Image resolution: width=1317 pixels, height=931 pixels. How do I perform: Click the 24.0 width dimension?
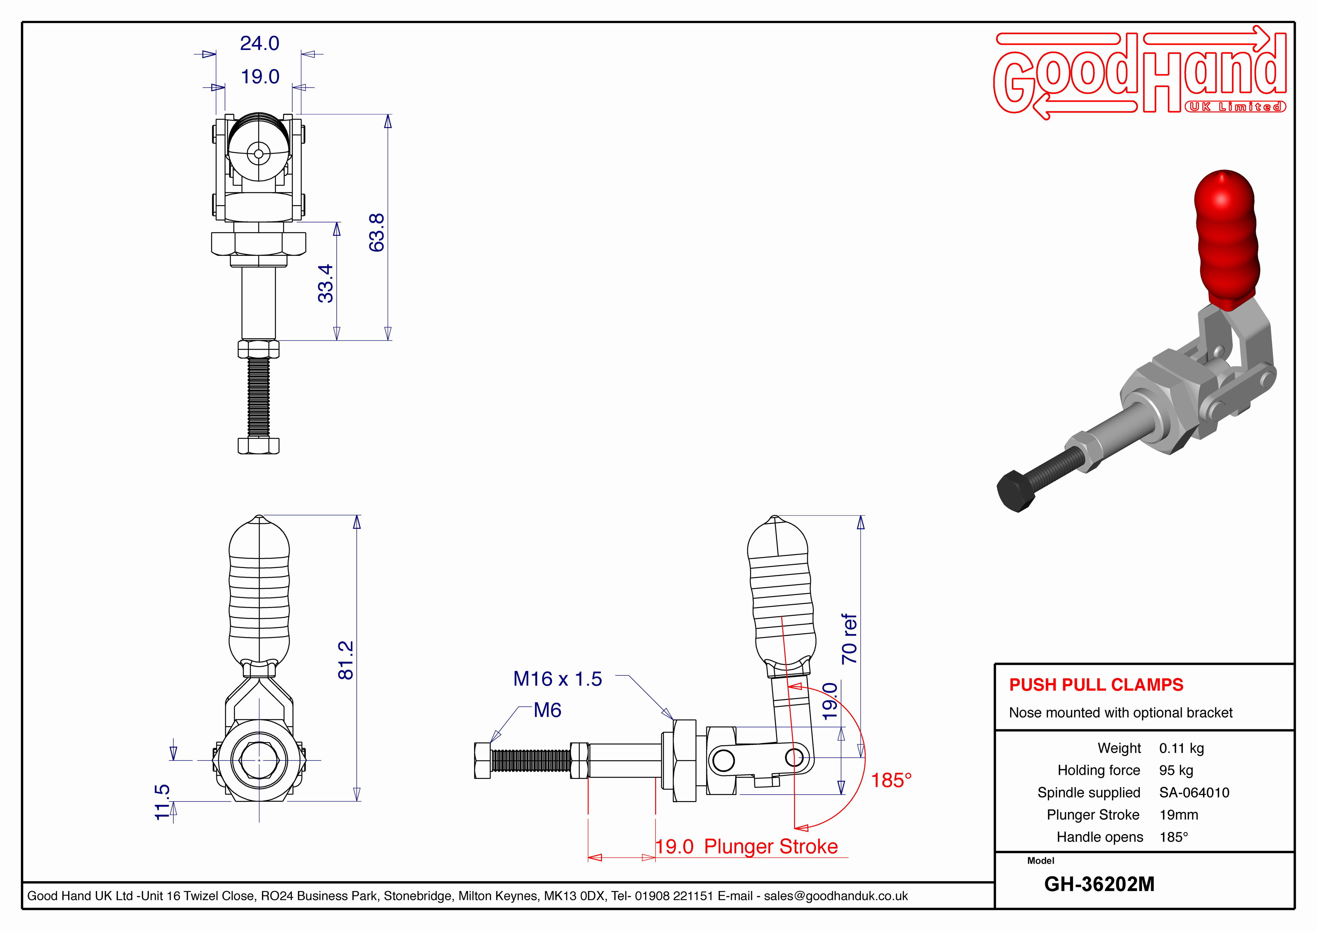point(259,43)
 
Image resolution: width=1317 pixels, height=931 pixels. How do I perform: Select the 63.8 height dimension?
point(377,232)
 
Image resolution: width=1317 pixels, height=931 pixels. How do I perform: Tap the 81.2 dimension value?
point(346,660)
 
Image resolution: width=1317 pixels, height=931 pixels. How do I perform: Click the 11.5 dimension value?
point(163,802)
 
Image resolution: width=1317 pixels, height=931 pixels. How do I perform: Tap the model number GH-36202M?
point(1099,884)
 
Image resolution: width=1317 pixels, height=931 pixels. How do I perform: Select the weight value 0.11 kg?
point(1181,749)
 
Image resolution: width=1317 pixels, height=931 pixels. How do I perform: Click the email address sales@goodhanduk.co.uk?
point(836,896)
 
